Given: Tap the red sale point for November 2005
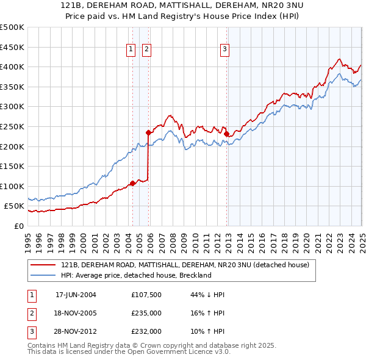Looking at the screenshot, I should coord(148,132).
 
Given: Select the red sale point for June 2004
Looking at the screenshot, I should coord(132,183).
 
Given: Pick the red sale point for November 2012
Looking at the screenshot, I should coord(226,134).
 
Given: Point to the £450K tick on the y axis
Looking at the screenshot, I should coord(12,47).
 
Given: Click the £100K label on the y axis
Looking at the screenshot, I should coord(12,186).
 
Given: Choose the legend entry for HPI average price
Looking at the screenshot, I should coord(135,275).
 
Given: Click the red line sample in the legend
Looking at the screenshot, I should coord(43,265).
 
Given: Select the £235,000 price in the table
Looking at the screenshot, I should coord(146,313).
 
